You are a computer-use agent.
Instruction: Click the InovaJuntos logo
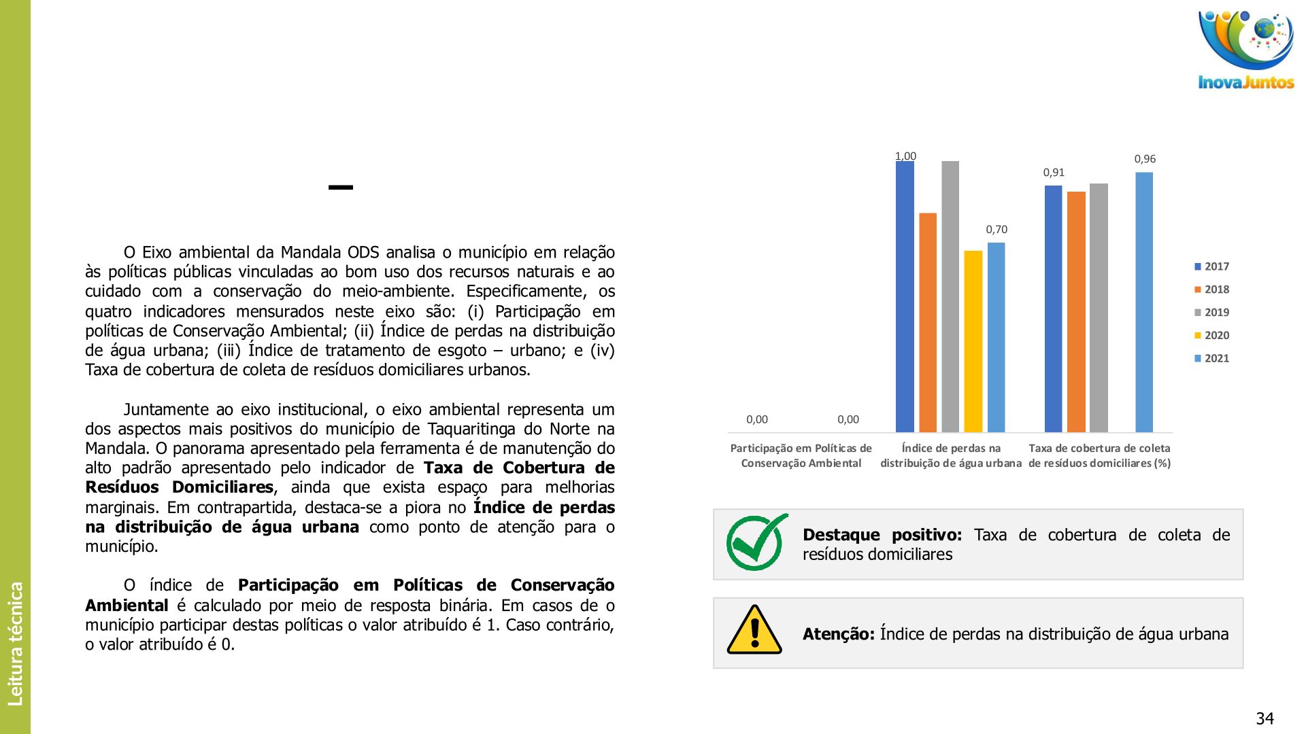pyautogui.click(x=1245, y=50)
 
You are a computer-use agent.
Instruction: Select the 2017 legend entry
pyautogui.click(x=1211, y=266)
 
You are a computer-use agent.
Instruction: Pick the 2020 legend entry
pyautogui.click(x=1211, y=335)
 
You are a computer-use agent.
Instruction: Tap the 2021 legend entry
pyautogui.click(x=1211, y=358)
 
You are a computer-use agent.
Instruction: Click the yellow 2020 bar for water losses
pyautogui.click(x=973, y=341)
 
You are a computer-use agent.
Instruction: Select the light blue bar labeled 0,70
pyautogui.click(x=996, y=337)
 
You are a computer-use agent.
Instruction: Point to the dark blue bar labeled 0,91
pyautogui.click(x=1053, y=309)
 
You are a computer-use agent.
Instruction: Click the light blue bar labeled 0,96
pyautogui.click(x=1144, y=302)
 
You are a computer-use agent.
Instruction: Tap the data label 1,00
pyautogui.click(x=905, y=156)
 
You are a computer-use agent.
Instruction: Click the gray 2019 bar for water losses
pyautogui.click(x=950, y=296)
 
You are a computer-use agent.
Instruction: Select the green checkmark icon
pyautogui.click(x=756, y=542)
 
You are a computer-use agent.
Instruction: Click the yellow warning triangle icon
pyautogui.click(x=754, y=630)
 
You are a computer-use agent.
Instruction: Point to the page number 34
pyautogui.click(x=1265, y=718)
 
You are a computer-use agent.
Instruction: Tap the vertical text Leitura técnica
pyautogui.click(x=15, y=644)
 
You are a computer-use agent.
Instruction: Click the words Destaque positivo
pyautogui.click(x=882, y=535)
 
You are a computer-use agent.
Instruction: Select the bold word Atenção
pyautogui.click(x=838, y=634)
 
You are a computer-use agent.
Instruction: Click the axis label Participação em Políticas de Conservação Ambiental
pyautogui.click(x=801, y=455)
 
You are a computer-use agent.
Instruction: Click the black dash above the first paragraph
pyautogui.click(x=341, y=187)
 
